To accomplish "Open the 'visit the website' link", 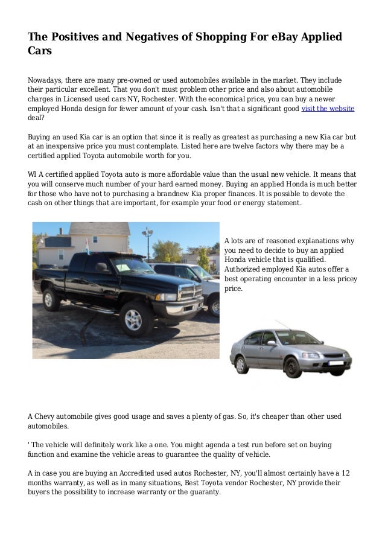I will tap(327, 109).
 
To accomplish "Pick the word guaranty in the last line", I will tap(202, 492).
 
